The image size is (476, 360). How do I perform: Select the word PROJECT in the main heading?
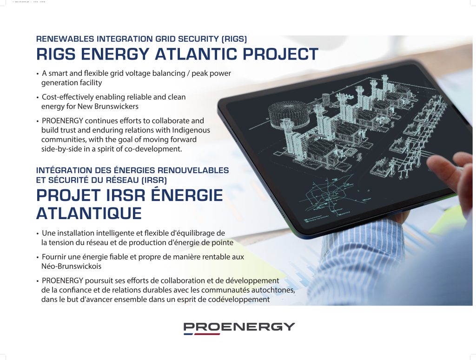(280, 54)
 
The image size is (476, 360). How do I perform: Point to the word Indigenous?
(191, 130)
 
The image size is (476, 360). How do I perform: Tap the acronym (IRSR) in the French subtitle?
(154, 180)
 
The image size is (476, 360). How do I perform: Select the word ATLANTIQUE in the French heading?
(89, 213)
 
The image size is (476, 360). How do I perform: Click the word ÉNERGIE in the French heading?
(187, 195)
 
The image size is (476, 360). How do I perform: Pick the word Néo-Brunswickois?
(71, 267)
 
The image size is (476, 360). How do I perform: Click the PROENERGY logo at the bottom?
(239, 328)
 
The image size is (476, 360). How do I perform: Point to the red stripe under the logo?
(207, 334)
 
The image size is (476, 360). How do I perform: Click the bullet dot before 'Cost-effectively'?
(38, 98)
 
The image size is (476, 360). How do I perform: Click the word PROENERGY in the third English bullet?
(63, 121)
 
